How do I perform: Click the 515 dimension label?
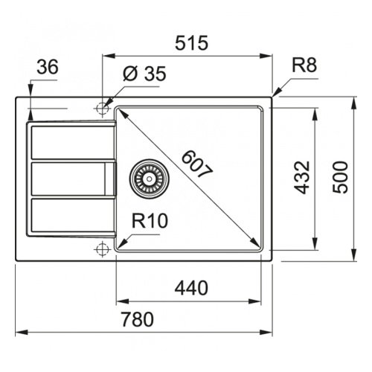pos(191,43)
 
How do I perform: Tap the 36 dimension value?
pos(48,67)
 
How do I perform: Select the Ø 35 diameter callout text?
pos(144,74)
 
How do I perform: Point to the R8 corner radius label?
pos(304,65)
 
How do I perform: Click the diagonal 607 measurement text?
pos(197,164)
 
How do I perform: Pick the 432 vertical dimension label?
pos(302,177)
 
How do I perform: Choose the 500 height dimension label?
pos(340,177)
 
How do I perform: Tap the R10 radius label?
pos(150,221)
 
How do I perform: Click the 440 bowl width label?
pos(191,288)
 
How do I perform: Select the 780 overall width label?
pos(138,319)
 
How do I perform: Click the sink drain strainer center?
pos(150,179)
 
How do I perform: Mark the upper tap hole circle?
pos(102,109)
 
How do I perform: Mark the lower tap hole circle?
pos(102,249)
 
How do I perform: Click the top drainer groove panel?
pos(72,142)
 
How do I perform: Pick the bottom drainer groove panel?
pos(72,215)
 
